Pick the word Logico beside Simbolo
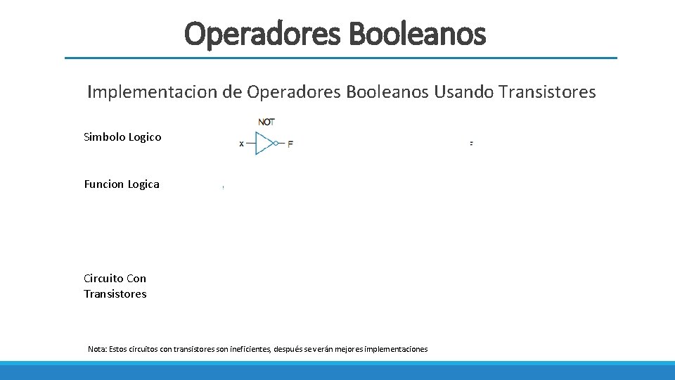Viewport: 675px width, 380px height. click(145, 137)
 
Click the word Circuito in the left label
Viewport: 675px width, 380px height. click(103, 279)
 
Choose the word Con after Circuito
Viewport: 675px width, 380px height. click(136, 279)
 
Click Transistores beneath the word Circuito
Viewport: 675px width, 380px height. click(115, 294)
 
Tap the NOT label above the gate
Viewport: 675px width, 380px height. click(266, 122)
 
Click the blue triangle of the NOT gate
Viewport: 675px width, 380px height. click(263, 144)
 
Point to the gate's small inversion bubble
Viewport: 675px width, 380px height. click(276, 144)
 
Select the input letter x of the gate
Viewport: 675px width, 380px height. click(242, 144)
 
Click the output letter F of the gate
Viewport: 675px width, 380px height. click(290, 144)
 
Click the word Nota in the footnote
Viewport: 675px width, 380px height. click(97, 349)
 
